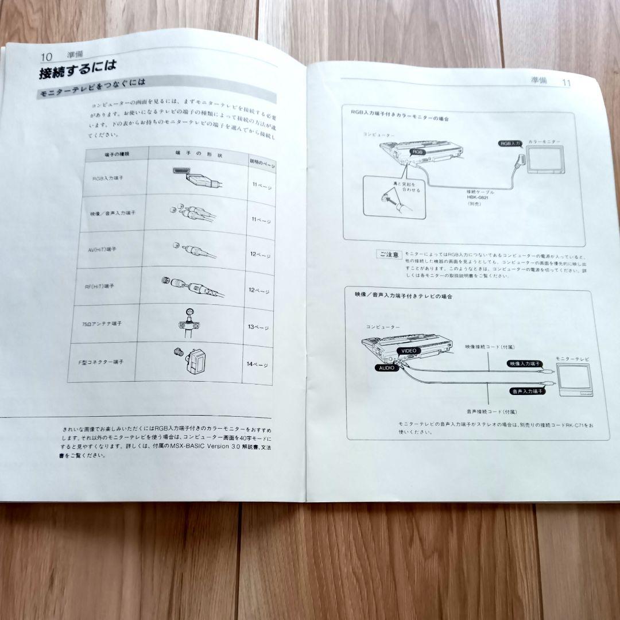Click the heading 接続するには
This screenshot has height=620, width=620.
(x=77, y=73)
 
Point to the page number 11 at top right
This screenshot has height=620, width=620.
(x=565, y=83)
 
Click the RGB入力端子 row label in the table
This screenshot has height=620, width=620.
(x=107, y=179)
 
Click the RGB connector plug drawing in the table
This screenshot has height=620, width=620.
(x=196, y=177)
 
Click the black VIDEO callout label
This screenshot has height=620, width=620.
(x=408, y=350)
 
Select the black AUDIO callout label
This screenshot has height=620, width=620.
(x=386, y=367)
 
